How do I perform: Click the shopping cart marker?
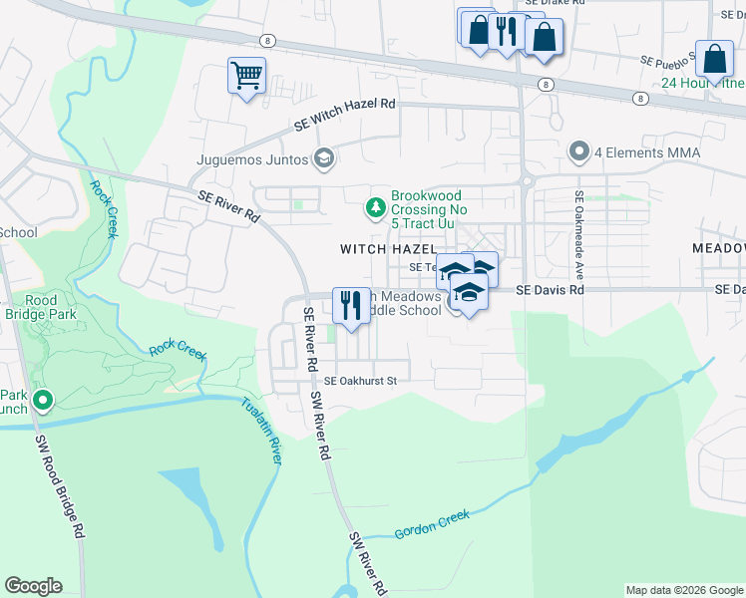246,76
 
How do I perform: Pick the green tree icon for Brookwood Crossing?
375,207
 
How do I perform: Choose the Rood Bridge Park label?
41,306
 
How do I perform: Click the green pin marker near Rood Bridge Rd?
42,401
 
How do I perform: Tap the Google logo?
33,586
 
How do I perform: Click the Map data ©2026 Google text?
683,590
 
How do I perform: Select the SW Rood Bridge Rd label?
61,486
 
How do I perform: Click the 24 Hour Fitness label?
702,83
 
